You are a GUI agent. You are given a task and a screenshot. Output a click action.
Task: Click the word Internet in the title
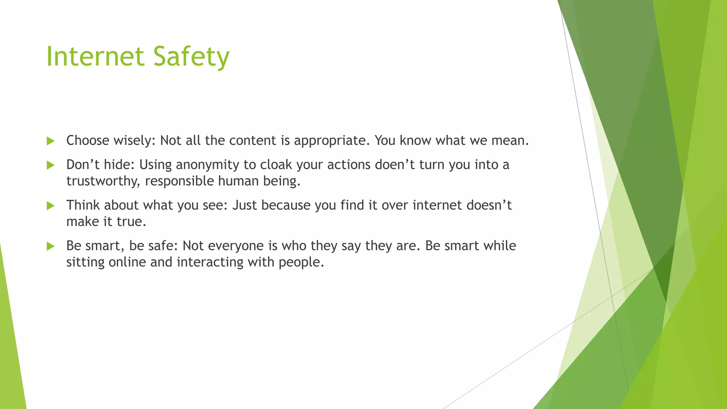[95, 57]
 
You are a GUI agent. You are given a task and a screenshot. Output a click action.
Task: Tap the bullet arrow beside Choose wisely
[50, 141]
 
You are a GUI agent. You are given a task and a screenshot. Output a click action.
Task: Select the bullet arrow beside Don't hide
[50, 165]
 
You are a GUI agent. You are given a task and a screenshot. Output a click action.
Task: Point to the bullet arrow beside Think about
[50, 206]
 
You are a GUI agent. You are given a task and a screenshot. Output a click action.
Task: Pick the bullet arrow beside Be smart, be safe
[50, 246]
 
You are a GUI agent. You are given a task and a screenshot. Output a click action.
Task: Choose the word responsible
[179, 181]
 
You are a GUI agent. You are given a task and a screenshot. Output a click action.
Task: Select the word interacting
[210, 262]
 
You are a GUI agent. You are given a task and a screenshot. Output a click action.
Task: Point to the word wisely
[135, 141]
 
